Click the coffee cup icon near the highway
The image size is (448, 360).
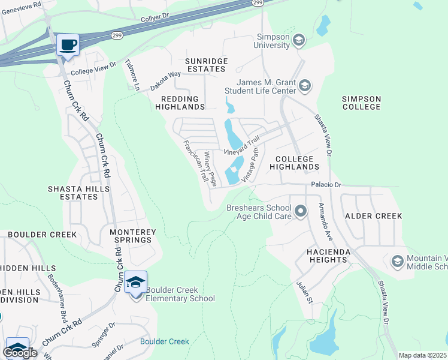coord(68,45)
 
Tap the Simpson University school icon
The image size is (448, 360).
coord(299,40)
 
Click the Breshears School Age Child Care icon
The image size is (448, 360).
coord(301,211)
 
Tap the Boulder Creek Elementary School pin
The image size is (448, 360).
coord(136,282)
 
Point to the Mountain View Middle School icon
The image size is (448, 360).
coord(397,262)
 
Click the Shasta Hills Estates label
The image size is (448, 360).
coord(79,193)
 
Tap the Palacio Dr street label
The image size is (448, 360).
coord(325,185)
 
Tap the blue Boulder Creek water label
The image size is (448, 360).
coord(165,341)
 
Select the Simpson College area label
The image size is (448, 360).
coord(361,103)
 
